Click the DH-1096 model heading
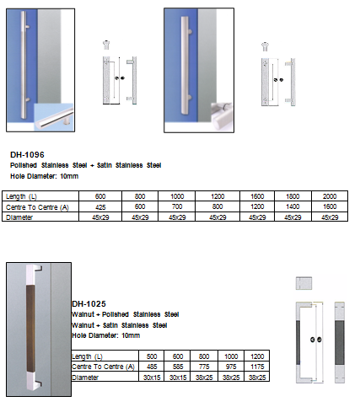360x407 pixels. tap(27, 154)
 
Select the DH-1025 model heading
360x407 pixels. tap(89, 303)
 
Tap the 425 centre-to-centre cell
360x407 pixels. tap(100, 207)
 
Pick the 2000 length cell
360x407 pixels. tap(330, 196)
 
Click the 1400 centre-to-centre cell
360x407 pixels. tap(293, 206)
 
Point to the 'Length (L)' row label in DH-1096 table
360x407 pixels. tap(21, 196)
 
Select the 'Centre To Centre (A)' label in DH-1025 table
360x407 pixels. tap(103, 367)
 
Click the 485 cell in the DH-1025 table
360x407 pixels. tap(152, 367)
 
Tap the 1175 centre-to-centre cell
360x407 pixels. tap(257, 367)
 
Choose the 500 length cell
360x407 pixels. tap(152, 356)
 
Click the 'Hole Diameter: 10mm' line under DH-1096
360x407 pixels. tap(45, 176)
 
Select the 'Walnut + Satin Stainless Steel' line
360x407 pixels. tap(120, 325)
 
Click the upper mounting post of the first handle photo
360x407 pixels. tap(27, 27)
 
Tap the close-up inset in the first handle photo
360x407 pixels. tap(53, 117)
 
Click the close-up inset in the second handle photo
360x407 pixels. tap(222, 117)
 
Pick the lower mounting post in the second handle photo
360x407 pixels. tap(190, 98)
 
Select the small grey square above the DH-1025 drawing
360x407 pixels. tap(304, 283)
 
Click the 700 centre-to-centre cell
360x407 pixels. tap(177, 206)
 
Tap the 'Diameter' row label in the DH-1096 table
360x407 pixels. tap(19, 217)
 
